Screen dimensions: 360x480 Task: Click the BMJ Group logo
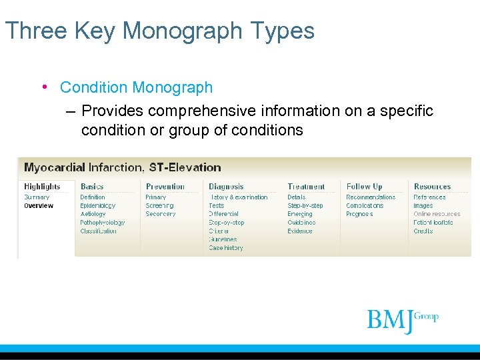402,320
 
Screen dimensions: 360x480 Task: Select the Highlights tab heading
42,187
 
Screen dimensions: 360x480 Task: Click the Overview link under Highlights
39,206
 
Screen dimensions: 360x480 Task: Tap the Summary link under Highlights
37,197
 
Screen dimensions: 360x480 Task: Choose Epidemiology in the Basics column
98,206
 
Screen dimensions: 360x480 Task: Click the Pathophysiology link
103,223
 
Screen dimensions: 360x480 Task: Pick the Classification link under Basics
99,231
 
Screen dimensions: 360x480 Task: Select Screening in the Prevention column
160,206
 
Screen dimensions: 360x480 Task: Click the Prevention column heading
165,187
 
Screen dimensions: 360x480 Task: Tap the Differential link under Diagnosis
224,214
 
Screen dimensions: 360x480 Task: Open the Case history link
226,248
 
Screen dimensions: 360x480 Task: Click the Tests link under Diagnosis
217,206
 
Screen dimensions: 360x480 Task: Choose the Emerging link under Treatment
300,214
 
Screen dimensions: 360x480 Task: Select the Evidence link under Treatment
300,231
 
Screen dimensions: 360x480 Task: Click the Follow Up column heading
365,187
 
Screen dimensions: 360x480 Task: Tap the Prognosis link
359,214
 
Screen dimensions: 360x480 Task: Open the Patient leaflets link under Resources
433,223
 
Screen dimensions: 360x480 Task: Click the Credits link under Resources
423,231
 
